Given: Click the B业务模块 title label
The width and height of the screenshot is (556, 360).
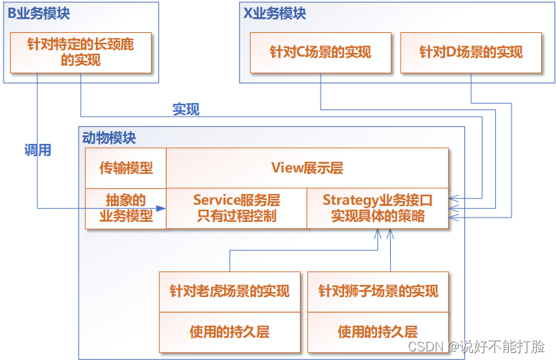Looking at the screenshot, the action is pos(39,14).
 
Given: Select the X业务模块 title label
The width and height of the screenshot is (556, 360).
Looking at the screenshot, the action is pos(275,14).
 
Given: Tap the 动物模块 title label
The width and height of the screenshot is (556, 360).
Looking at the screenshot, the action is pos(109,138).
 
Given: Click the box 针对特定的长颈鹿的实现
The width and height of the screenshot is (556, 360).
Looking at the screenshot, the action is pos(81,52).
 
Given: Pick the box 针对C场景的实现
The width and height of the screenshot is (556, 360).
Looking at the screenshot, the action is pos(321,52).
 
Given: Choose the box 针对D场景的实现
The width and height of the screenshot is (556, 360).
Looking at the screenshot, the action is pos(471,52).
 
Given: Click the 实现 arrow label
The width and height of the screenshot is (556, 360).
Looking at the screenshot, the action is pos(186,110).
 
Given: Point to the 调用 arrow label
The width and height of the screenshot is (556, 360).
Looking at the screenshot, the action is pos(37,150).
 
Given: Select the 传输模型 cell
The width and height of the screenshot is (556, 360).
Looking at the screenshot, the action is pos(126,168).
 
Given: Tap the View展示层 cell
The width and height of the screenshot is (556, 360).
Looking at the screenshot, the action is pos(307,168).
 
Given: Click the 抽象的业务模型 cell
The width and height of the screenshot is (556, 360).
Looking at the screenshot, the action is pos(126,208).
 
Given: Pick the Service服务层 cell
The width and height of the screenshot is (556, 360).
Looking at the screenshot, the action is pos(236,208).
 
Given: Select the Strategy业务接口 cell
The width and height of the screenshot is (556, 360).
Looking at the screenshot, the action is pos(378,208).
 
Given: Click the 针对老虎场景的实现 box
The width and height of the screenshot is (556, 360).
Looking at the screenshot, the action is pos(229,291).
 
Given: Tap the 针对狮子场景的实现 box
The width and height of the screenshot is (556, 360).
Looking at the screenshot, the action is pos(378,291).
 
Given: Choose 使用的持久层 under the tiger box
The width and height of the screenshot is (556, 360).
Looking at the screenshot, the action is pos(229,331).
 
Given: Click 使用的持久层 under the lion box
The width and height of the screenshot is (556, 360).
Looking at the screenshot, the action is pos(378,331).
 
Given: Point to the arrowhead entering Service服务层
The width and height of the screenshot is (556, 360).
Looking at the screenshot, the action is pos(162,208).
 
